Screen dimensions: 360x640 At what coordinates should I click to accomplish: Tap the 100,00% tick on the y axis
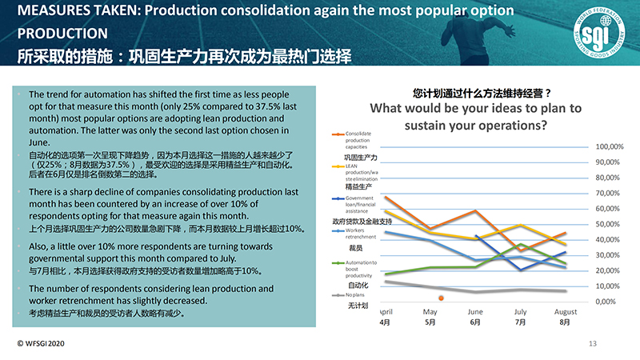click(x=610, y=147)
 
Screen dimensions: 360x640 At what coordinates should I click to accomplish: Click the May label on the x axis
click(x=430, y=311)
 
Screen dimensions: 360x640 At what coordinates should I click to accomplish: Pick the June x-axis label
click(x=474, y=311)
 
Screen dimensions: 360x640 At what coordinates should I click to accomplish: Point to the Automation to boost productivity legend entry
click(x=362, y=269)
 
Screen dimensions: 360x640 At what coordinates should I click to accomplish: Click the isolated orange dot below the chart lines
click(x=441, y=298)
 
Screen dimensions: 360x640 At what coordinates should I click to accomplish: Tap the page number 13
click(x=593, y=343)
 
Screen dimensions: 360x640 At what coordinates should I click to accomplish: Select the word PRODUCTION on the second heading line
click(x=62, y=34)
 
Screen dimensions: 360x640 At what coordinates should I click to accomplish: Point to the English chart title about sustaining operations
click(x=475, y=117)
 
